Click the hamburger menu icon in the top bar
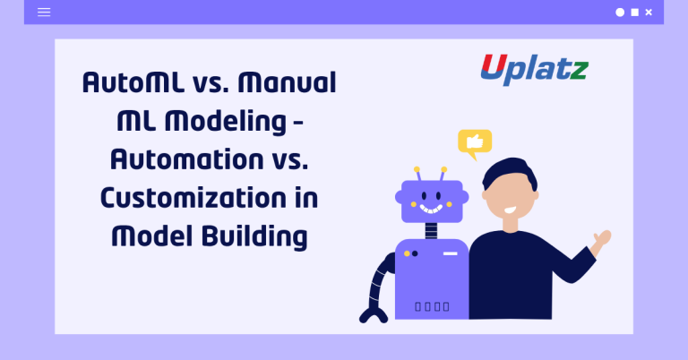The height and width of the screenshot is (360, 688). [44, 13]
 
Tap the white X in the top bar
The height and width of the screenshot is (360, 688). [649, 13]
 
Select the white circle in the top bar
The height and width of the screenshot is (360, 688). [619, 13]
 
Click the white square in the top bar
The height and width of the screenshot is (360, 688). [634, 13]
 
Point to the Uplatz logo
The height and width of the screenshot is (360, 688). [532, 69]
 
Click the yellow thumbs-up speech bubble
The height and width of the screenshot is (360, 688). [474, 142]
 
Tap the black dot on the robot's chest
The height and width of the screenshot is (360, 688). [415, 253]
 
